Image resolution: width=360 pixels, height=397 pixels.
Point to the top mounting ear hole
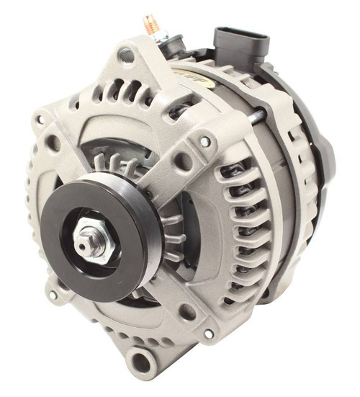coord(127,54)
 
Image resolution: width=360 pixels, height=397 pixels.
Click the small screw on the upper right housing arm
coord(206,142)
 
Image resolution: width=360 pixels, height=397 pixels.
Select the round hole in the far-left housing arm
coord(52,143)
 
